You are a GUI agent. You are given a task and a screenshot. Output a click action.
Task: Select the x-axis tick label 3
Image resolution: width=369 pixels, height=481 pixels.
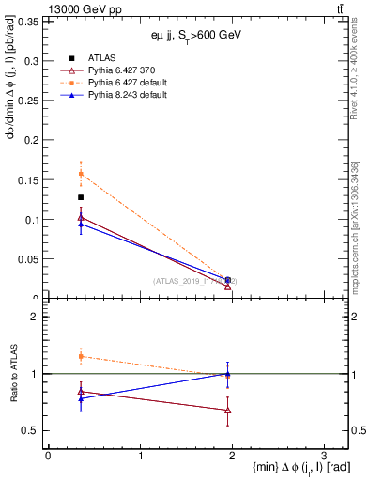click(323, 455)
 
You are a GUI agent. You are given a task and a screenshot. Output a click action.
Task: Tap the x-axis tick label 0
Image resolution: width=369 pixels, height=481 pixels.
click(48, 455)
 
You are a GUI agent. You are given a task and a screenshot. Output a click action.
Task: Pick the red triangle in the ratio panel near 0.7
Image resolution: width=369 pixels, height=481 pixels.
click(228, 411)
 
